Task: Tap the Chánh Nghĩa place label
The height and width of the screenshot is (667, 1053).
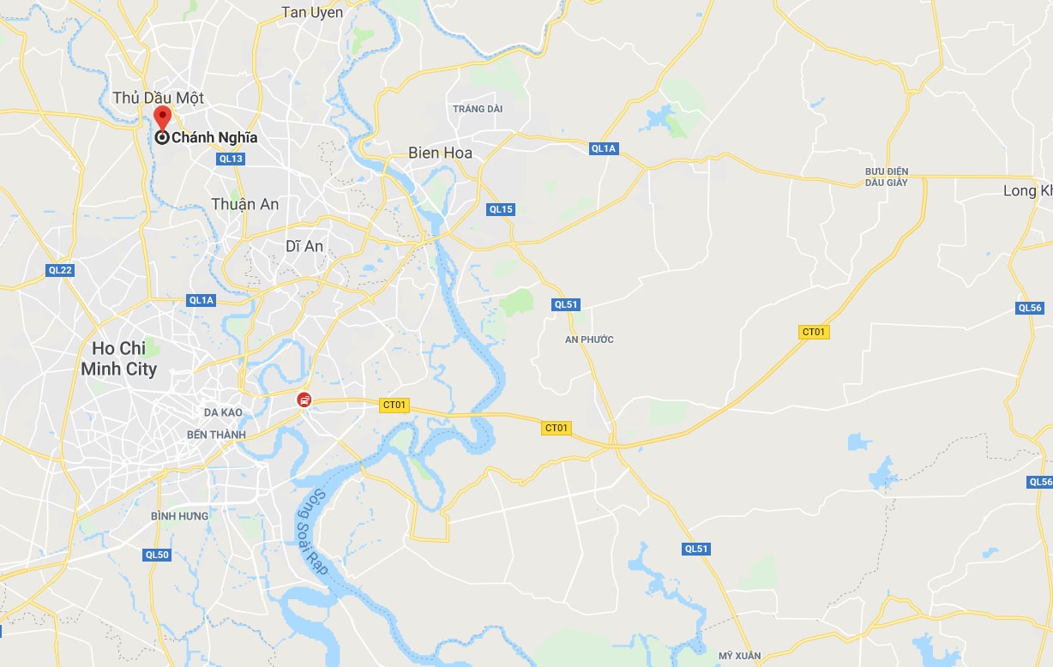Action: pos(214,137)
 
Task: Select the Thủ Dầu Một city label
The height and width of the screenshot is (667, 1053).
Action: pos(158,98)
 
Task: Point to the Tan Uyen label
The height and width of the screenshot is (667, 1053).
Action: pos(312,12)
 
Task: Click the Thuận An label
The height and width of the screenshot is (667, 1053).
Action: pos(245,204)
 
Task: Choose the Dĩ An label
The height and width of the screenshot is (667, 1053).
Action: pos(304,246)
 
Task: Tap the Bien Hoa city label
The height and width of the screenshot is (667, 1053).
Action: pos(440,153)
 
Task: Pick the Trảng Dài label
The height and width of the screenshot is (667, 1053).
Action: pos(478,109)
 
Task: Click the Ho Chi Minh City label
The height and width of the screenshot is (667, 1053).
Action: pos(118,358)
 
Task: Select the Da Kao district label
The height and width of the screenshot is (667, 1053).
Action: pos(223,412)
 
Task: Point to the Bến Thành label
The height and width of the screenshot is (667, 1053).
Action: pos(216,435)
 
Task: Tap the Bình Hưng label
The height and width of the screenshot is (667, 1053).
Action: pos(179,516)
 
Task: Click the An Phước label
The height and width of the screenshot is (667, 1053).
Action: pos(589,340)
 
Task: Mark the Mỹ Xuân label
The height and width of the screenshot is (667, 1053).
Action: pos(739,656)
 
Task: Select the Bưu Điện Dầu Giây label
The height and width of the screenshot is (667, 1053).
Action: pos(886,177)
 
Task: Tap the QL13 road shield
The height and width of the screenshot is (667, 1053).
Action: pos(231,159)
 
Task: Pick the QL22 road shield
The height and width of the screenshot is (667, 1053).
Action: pos(60,270)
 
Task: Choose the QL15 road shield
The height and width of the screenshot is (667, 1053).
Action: pos(500,209)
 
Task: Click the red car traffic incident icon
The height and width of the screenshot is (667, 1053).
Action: pos(304,400)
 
